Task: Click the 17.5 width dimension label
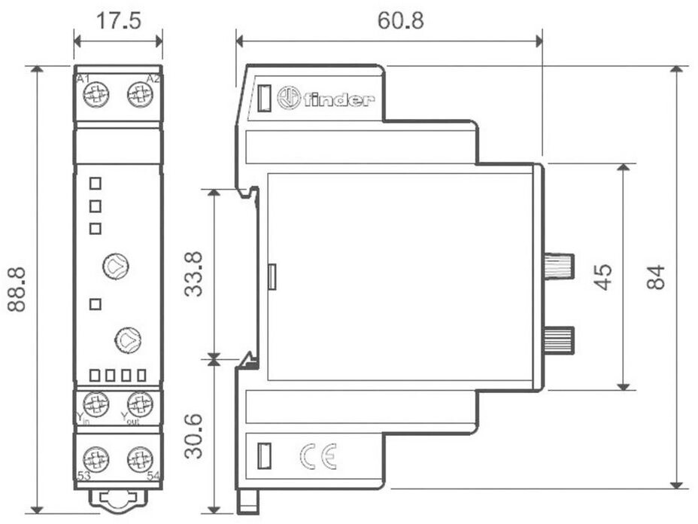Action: [118, 20]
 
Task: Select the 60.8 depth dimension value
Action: [399, 20]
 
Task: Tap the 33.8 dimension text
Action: [194, 273]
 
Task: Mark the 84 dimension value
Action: [656, 277]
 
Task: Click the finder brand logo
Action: [325, 99]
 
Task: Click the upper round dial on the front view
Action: [116, 265]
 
